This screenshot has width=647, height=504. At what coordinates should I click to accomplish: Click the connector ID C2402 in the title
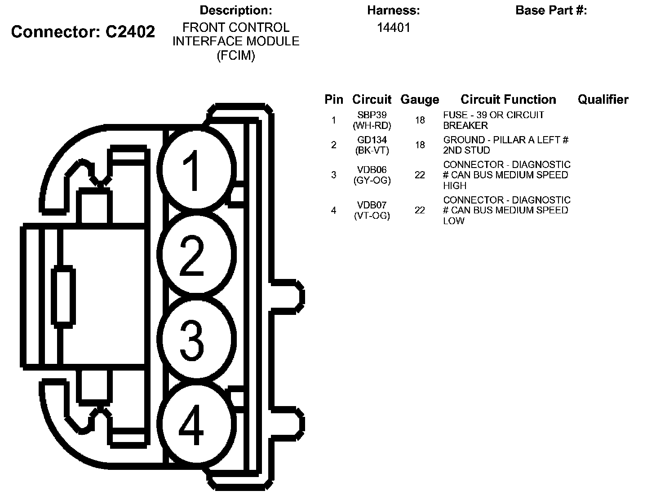[x=130, y=31]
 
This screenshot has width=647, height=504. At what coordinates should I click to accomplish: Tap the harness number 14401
[x=394, y=28]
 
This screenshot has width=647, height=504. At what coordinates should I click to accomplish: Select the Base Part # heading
[x=551, y=10]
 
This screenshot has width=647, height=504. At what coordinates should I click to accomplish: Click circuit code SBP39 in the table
[x=372, y=115]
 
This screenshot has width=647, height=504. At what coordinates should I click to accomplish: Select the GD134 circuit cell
[x=372, y=140]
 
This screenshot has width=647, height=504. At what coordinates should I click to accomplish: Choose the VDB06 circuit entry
[x=372, y=170]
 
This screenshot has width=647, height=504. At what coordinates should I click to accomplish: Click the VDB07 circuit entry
[x=372, y=205]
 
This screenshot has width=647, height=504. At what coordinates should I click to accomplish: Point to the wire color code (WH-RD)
[x=372, y=126]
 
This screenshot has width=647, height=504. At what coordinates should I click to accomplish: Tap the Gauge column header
[x=420, y=100]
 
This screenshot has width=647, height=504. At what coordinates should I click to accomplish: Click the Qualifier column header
[x=603, y=100]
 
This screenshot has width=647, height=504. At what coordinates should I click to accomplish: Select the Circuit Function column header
[x=508, y=100]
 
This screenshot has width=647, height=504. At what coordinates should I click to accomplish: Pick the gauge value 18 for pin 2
[x=420, y=145]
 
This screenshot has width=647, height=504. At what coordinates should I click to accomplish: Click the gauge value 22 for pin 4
[x=420, y=210]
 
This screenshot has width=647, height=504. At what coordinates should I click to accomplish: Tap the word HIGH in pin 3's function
[x=455, y=186]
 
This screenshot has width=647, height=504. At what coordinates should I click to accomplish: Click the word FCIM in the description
[x=236, y=56]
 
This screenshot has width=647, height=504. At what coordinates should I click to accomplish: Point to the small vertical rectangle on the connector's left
[x=63, y=295]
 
